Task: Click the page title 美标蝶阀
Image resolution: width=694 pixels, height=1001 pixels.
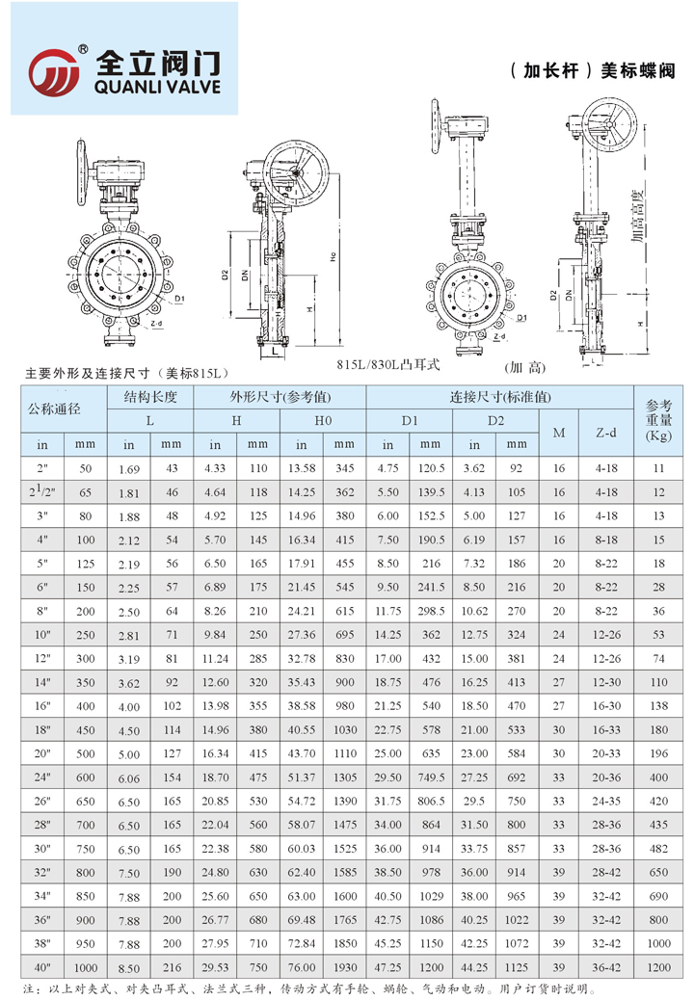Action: [x=637, y=71]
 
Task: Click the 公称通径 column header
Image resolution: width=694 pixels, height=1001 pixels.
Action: [x=63, y=408]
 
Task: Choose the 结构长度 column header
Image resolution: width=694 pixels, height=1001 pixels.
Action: [x=149, y=396]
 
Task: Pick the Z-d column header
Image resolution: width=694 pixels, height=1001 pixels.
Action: [x=605, y=433]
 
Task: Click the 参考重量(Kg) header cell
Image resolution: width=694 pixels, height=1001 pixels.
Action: [x=658, y=421]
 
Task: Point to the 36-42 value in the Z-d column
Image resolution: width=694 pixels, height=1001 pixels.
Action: [x=605, y=965]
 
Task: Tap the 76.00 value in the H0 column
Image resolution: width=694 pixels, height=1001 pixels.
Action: [x=302, y=965]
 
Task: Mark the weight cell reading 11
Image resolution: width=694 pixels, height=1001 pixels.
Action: [x=658, y=468]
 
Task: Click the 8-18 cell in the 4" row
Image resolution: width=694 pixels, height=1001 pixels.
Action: [x=605, y=540]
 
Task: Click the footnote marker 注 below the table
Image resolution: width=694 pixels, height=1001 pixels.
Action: [x=27, y=988]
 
